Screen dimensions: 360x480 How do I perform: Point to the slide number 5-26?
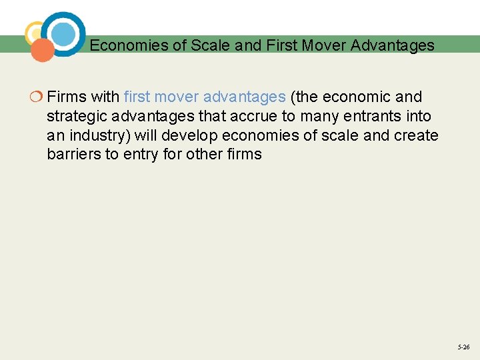coord(463,347)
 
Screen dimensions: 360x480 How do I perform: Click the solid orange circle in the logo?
coord(43,50)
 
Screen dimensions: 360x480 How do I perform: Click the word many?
coord(317,117)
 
